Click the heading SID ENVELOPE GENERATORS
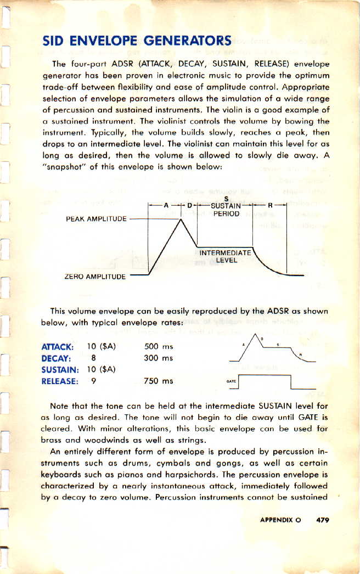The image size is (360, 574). tap(137, 41)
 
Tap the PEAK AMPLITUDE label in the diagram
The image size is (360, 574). tap(96, 219)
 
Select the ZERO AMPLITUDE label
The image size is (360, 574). tap(95, 277)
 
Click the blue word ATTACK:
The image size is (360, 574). tap(58, 347)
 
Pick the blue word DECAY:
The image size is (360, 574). tap(55, 358)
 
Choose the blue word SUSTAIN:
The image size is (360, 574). tap(61, 369)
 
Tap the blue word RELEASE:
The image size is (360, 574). tap(59, 381)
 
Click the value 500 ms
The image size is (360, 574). tap(158, 347)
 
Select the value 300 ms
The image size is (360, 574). tap(158, 358)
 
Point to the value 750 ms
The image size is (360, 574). tap(158, 381)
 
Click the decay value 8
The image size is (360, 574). tap(94, 358)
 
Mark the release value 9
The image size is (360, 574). tap(94, 381)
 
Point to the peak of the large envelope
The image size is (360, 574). tap(181, 219)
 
